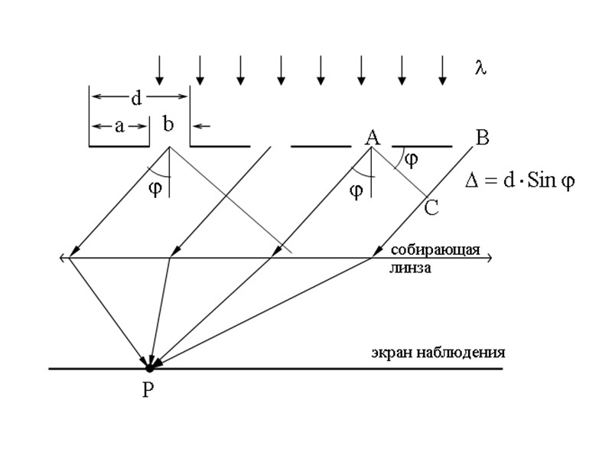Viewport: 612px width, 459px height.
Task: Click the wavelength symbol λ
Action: [480, 68]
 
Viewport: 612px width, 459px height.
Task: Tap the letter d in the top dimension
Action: [136, 97]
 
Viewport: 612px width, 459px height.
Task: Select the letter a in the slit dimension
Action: [119, 127]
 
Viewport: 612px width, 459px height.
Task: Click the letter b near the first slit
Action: [168, 125]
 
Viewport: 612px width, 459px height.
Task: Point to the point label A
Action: [372, 138]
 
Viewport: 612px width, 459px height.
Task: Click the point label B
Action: [482, 138]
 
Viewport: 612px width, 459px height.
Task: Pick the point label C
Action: [431, 207]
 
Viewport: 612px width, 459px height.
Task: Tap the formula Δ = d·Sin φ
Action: [520, 182]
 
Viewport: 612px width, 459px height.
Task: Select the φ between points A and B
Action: [412, 159]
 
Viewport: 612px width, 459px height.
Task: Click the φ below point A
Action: [356, 190]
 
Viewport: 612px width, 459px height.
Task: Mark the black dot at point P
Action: [151, 368]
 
